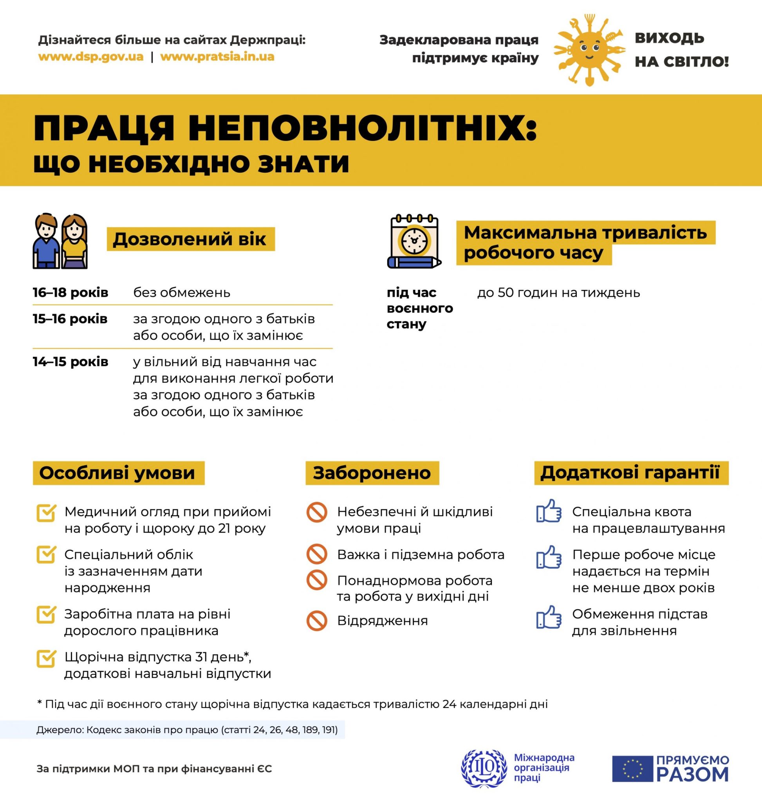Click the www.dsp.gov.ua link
tap(90, 56)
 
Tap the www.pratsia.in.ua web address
tap(217, 56)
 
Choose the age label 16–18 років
tap(70, 293)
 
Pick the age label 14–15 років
tap(70, 361)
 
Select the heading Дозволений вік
tap(190, 239)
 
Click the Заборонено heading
tap(372, 473)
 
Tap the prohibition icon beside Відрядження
tap(317, 621)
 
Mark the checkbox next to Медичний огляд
tap(46, 513)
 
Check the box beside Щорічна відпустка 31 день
tap(46, 659)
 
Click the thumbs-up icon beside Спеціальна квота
tap(549, 511)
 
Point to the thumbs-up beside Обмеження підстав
tap(549, 617)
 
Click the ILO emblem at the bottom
tap(484, 768)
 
